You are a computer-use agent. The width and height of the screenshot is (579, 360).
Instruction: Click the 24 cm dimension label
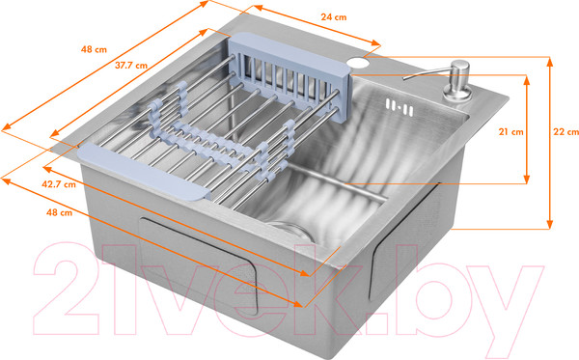pos(334,17)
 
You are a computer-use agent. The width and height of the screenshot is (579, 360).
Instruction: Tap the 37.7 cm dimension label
pos(131,66)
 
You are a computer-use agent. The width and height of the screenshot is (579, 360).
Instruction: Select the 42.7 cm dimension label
pos(59,184)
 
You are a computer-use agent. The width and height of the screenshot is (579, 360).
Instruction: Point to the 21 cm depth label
pos(511,131)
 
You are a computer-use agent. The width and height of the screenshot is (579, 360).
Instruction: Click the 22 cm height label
pos(565,131)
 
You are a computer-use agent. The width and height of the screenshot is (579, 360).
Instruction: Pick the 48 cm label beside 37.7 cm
pos(94,49)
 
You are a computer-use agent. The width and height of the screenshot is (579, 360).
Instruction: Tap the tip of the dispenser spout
pos(404,78)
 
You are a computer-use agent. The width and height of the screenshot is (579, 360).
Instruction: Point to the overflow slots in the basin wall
pos(400,107)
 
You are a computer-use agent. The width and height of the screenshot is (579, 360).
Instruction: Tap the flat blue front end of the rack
pos(144,171)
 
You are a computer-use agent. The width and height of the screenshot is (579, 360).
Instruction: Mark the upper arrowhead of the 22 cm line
pos(550,62)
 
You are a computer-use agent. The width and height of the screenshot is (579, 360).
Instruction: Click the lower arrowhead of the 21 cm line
pos(527,179)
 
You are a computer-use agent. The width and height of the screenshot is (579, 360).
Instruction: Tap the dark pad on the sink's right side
pos(405,240)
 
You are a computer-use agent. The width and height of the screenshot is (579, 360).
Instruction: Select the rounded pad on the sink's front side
pos(198,265)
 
